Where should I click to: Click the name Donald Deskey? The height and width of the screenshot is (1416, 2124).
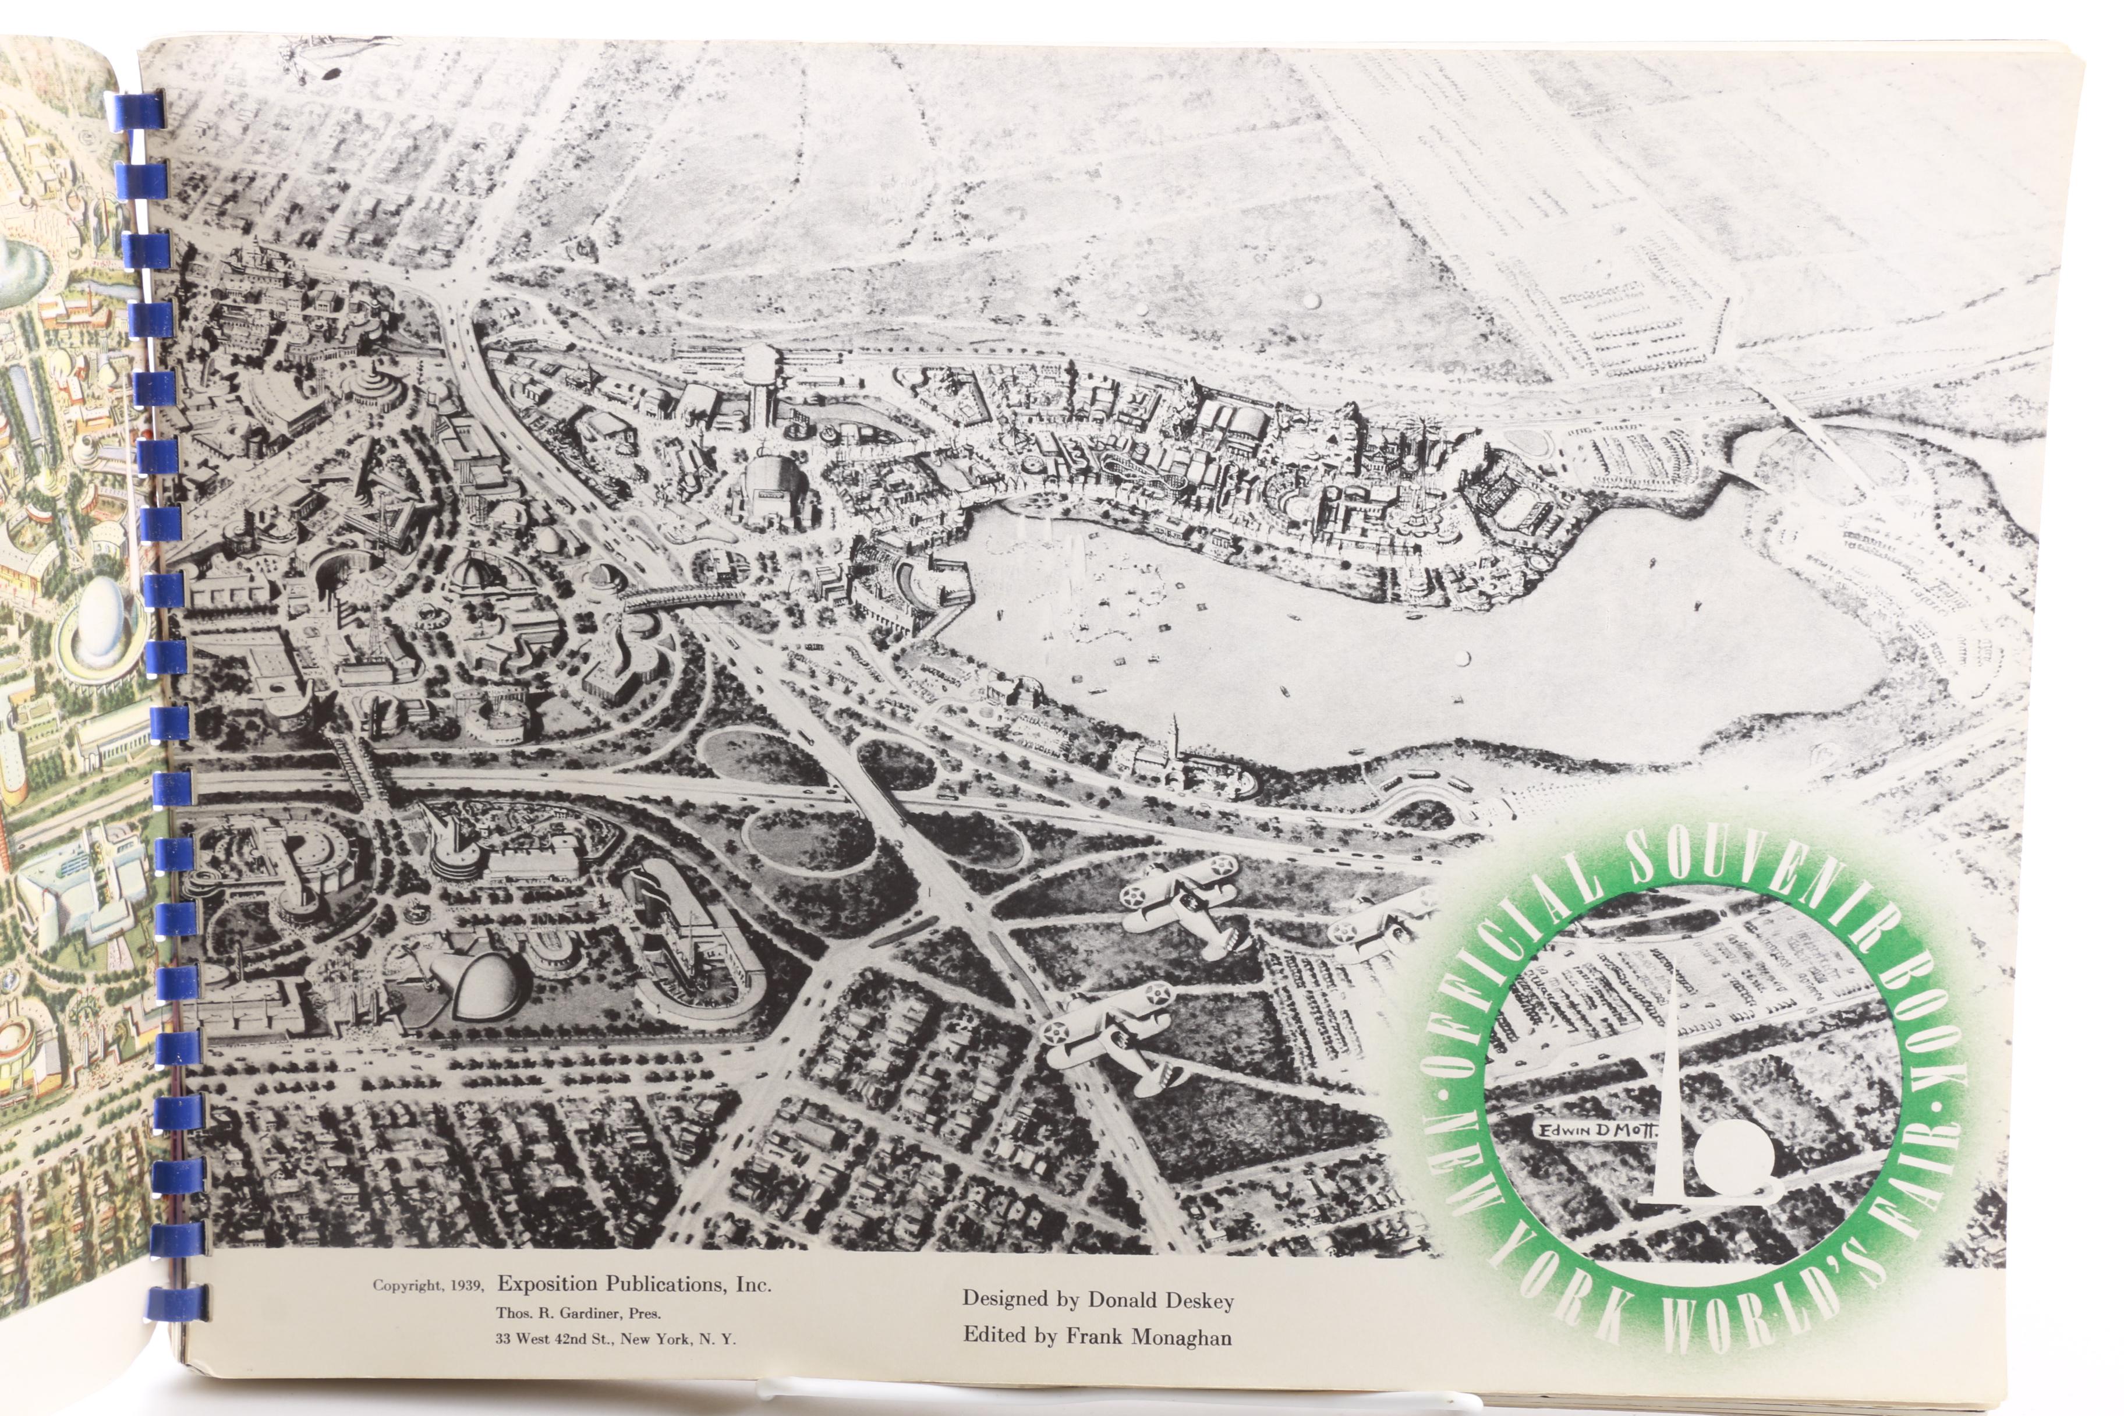coord(1160,1300)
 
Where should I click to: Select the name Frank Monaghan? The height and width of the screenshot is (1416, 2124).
coord(1149,1337)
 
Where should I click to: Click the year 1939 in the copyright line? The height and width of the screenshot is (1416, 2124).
coord(466,1285)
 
